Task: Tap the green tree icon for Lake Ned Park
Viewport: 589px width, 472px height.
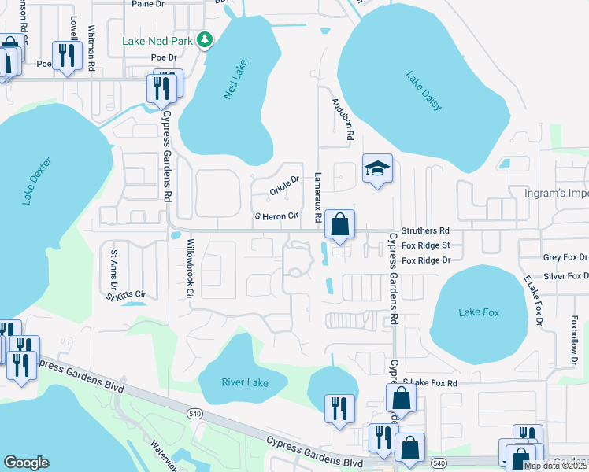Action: [x=205, y=39]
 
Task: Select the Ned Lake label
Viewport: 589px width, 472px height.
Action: [x=234, y=79]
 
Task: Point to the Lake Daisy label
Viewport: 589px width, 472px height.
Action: [x=424, y=91]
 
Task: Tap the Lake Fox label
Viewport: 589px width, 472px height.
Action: [x=479, y=313]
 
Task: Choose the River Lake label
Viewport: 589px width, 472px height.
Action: [x=244, y=383]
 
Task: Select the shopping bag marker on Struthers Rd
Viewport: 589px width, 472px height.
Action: [x=339, y=224]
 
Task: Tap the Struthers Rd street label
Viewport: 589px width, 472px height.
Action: [x=425, y=231]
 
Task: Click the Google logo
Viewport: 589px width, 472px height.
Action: [x=26, y=463]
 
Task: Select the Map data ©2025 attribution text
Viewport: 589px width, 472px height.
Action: [x=555, y=466]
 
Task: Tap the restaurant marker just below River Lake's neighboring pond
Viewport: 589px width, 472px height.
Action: [x=339, y=408]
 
